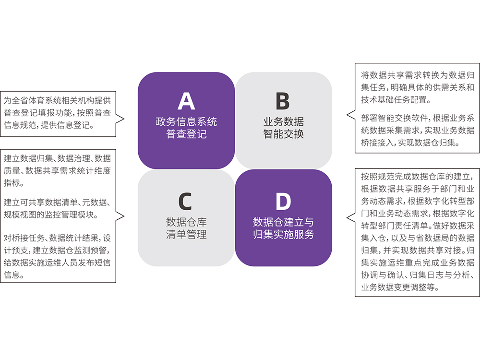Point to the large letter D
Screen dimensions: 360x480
pyautogui.click(x=283, y=202)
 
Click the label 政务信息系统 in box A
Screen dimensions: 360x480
pyautogui.click(x=186, y=121)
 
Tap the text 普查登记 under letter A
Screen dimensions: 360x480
pyautogui.click(x=186, y=134)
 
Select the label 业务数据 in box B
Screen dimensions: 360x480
pyautogui.click(x=283, y=121)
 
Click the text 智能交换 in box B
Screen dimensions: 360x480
pyautogui.click(x=283, y=134)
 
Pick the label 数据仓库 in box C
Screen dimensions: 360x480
pyautogui.click(x=186, y=222)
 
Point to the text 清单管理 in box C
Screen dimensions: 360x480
pyautogui.click(x=186, y=235)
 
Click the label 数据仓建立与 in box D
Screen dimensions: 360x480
pyautogui.click(x=283, y=222)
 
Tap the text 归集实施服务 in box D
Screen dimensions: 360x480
pyautogui.click(x=283, y=235)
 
